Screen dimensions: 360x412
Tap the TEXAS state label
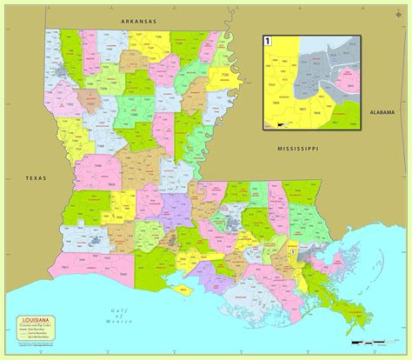pos(32,179)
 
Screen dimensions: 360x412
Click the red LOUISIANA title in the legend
pos(35,321)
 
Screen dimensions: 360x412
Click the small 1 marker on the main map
pos(295,251)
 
